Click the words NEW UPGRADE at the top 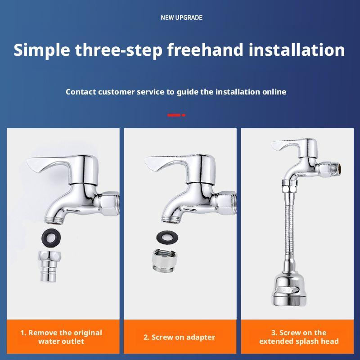coord(181,18)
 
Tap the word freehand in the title coord(205,49)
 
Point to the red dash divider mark coord(176,115)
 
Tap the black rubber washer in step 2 coord(167,238)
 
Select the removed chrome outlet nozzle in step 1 coord(49,266)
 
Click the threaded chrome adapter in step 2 coord(164,260)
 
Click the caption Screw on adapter coord(179,337)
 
